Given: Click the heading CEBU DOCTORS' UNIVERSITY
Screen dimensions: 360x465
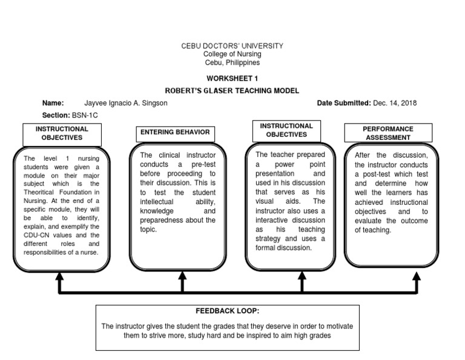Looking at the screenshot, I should click(x=232, y=46).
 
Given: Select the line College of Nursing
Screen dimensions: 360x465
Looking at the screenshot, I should click(x=232, y=54).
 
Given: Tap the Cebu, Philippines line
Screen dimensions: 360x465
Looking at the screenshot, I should click(x=232, y=62).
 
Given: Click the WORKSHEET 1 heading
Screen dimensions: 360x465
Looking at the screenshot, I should click(x=232, y=79).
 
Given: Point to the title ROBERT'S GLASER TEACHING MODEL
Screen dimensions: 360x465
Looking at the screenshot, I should click(x=232, y=90).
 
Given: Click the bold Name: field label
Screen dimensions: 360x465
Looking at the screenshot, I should click(x=53, y=103).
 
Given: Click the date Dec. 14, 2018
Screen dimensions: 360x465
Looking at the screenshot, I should click(x=395, y=103).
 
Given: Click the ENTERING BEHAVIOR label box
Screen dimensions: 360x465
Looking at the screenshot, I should click(x=175, y=133).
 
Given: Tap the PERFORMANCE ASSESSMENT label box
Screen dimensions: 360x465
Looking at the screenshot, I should click(x=388, y=133).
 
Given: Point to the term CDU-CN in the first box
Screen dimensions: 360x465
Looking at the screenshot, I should click(x=36, y=235).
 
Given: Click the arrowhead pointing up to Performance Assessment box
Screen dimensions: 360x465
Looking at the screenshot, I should click(x=417, y=276).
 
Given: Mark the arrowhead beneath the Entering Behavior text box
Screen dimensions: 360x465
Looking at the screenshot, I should click(x=182, y=276).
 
